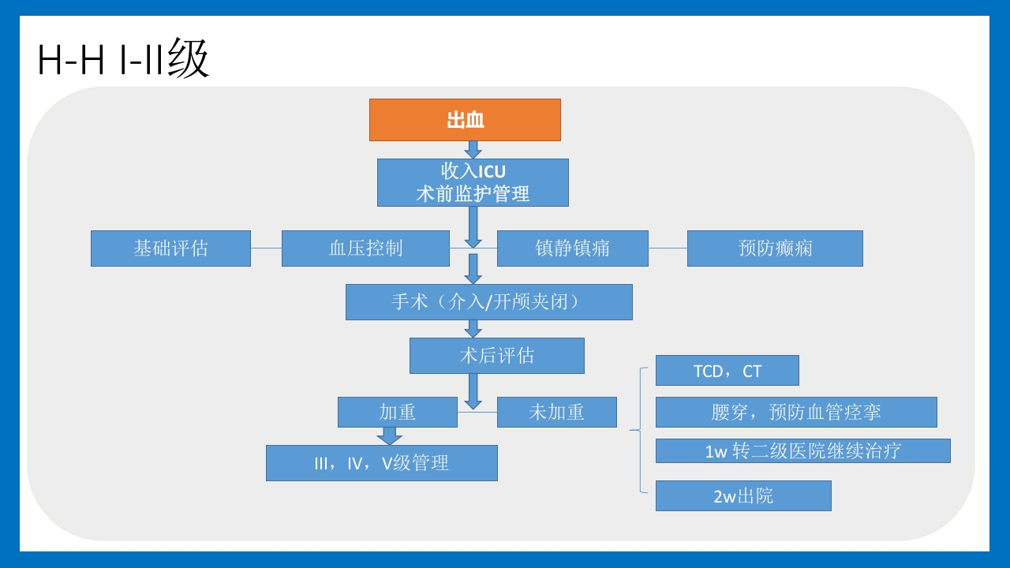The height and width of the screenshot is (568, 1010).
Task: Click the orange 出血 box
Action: pyautogui.click(x=465, y=120)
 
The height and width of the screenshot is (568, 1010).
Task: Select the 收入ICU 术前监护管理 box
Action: pyautogui.click(x=473, y=182)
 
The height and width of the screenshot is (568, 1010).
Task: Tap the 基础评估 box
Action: pyautogui.click(x=170, y=248)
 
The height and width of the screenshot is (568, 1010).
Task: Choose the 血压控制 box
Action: pyautogui.click(x=365, y=248)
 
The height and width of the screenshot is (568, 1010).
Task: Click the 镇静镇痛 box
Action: pyautogui.click(x=572, y=248)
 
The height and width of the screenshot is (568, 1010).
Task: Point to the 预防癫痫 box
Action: pyautogui.click(x=775, y=248)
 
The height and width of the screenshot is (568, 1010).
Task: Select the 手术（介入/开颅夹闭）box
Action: pyautogui.click(x=488, y=302)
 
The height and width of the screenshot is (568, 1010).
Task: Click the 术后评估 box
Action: pyautogui.click(x=496, y=356)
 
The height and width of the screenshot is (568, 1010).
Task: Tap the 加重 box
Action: pyautogui.click(x=397, y=412)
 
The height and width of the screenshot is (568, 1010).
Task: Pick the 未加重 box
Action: pyautogui.click(x=556, y=412)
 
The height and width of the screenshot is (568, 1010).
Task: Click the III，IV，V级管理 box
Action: pyautogui.click(x=381, y=463)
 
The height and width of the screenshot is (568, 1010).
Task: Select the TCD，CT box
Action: pyautogui.click(x=727, y=371)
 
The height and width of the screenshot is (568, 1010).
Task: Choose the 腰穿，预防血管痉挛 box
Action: pyautogui.click(x=795, y=412)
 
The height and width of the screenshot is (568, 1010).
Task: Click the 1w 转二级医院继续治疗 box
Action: pyautogui.click(x=802, y=450)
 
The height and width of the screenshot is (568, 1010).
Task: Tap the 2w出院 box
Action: pyautogui.click(x=743, y=496)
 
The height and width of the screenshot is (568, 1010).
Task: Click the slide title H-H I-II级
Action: pyautogui.click(x=123, y=60)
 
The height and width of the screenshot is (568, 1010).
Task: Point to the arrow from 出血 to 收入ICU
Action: pyautogui.click(x=473, y=150)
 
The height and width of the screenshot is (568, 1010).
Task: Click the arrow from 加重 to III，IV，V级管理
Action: pyautogui.click(x=389, y=436)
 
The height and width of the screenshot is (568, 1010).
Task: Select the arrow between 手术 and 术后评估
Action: pyautogui.click(x=473, y=329)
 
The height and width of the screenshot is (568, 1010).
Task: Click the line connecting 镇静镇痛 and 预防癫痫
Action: pyautogui.click(x=668, y=248)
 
